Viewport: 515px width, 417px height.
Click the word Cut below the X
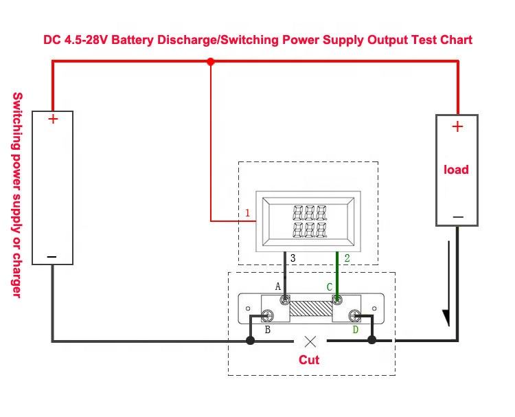(x=309, y=359)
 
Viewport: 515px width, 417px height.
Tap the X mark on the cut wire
(x=310, y=341)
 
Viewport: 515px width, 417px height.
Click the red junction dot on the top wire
(x=211, y=61)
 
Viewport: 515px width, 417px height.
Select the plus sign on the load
(x=457, y=126)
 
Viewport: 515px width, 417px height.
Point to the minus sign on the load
(x=458, y=217)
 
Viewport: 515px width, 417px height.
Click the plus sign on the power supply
(x=53, y=119)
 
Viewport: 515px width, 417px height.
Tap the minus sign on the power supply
(x=52, y=257)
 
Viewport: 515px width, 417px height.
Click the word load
(x=456, y=170)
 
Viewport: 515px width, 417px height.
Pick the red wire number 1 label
(x=248, y=213)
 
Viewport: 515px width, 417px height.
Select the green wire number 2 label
(x=347, y=258)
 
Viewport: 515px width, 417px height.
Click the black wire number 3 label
(x=293, y=258)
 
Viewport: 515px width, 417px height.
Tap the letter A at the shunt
(x=278, y=286)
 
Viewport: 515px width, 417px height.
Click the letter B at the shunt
(x=267, y=330)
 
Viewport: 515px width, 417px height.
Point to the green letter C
(x=330, y=287)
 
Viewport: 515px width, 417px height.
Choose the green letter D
(x=356, y=330)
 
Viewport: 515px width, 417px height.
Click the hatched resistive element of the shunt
(x=310, y=308)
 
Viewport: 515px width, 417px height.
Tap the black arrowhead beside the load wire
(x=446, y=318)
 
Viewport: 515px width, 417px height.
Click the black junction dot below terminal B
(x=250, y=341)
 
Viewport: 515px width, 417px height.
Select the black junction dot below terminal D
(x=371, y=340)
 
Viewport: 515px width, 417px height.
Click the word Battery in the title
(x=133, y=40)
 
